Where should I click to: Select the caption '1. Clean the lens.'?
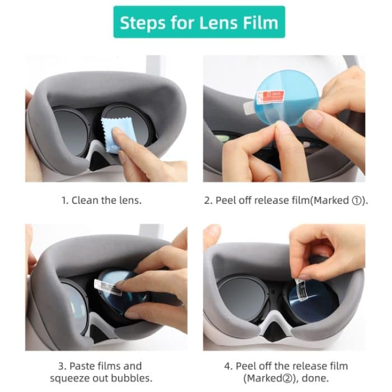pos(101,200)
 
